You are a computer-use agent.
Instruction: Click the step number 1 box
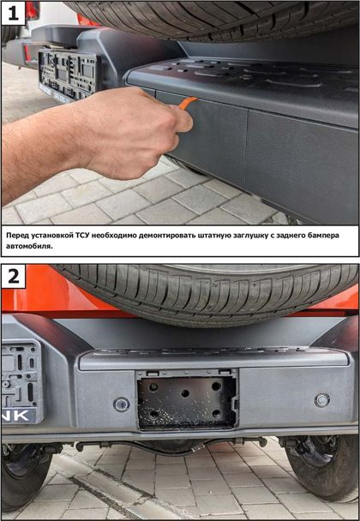pyautogui.click(x=14, y=13)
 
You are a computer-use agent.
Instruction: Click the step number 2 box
pyautogui.click(x=14, y=277)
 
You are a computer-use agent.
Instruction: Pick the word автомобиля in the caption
pyautogui.click(x=29, y=247)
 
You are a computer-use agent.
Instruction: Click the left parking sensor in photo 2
pyautogui.click(x=122, y=404)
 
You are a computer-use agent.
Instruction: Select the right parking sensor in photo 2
pyautogui.click(x=321, y=400)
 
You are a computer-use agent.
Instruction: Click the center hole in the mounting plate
pyautogui.click(x=185, y=393)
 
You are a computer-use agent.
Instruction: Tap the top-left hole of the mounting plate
pyautogui.click(x=153, y=387)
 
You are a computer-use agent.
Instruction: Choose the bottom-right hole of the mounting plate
pyautogui.click(x=216, y=414)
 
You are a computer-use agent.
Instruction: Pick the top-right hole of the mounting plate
pyautogui.click(x=216, y=386)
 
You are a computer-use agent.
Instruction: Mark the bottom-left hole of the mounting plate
pyautogui.click(x=153, y=415)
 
